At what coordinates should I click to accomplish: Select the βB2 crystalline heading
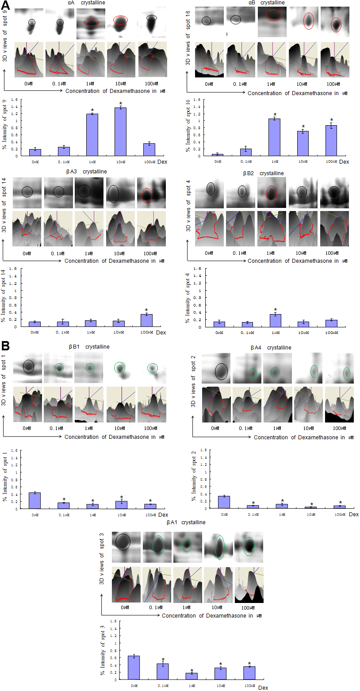[x=263, y=173]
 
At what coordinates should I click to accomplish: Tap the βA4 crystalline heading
[x=269, y=348]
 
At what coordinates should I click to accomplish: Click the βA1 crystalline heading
[x=186, y=522]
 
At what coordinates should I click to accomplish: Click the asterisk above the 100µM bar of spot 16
[x=331, y=120]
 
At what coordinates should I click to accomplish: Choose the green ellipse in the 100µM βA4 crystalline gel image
[x=347, y=374]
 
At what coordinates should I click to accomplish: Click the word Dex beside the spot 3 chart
[x=263, y=688]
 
